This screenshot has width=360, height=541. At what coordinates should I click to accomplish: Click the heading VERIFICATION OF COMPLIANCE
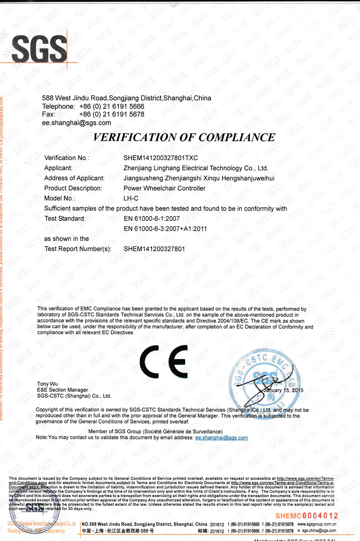click(x=184, y=137)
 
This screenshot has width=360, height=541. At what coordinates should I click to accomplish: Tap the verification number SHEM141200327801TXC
click(x=161, y=158)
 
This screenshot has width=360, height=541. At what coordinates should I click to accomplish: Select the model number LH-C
click(x=131, y=198)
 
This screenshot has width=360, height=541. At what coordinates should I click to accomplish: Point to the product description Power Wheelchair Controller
click(x=164, y=188)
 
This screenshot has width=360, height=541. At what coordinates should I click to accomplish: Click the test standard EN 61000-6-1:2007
click(x=152, y=219)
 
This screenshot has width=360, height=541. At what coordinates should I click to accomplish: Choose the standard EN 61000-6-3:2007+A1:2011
click(x=165, y=229)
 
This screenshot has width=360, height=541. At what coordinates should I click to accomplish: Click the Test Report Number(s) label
click(x=78, y=249)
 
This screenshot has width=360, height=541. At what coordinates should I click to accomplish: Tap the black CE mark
click(x=164, y=361)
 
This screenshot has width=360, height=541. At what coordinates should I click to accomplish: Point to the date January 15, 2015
click(x=283, y=390)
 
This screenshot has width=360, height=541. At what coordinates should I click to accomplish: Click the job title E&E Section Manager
click(x=63, y=390)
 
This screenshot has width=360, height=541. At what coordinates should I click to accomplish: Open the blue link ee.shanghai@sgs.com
click(x=221, y=438)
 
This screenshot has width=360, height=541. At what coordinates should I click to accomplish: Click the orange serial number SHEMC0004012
click(x=307, y=516)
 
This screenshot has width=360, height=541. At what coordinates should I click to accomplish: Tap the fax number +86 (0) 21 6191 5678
click(x=111, y=114)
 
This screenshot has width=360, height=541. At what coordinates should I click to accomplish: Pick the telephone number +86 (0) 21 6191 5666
click(x=111, y=106)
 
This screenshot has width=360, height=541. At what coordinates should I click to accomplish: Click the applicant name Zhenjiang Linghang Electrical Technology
click(x=196, y=168)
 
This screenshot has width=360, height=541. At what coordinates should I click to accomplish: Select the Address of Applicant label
click(x=74, y=178)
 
